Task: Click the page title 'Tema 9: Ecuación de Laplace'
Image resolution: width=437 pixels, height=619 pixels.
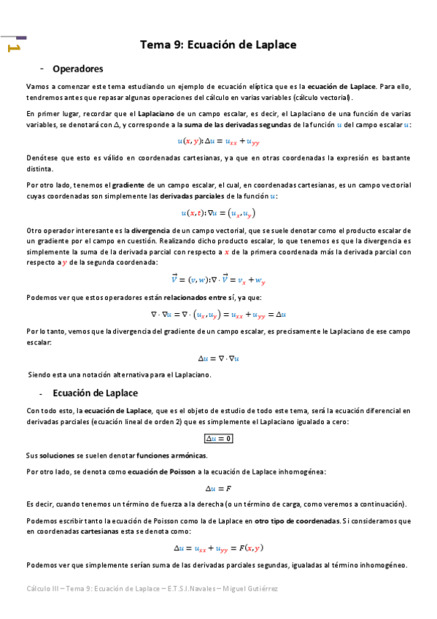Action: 218,45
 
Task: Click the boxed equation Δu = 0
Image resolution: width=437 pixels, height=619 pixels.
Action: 218,438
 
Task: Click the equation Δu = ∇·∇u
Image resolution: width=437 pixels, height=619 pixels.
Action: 218,358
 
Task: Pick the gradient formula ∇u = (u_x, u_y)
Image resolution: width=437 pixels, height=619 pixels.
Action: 218,213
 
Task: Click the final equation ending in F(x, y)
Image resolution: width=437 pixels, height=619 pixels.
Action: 218,547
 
